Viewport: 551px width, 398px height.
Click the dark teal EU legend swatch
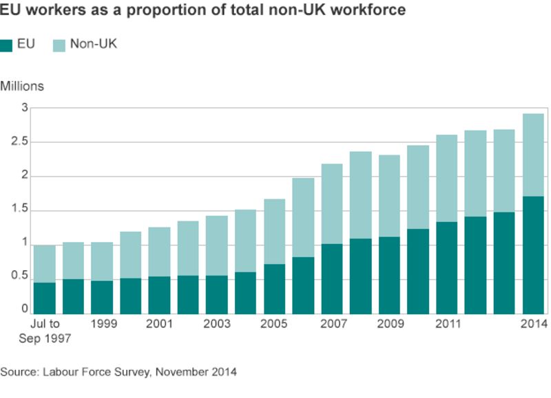7,45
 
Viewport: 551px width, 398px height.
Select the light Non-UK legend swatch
60,45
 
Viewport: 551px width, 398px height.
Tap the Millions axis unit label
22,87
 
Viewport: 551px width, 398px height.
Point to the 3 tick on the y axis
24,108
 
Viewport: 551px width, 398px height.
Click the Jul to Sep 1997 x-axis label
45,331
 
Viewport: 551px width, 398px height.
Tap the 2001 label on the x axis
160,324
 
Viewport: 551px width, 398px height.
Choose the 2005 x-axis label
275,324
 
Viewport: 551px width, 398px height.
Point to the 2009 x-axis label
390,324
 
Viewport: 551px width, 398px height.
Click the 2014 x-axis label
533,324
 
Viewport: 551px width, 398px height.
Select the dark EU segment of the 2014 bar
533,254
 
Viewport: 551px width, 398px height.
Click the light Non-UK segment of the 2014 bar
533,155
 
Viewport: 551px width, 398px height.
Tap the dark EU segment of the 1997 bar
45,298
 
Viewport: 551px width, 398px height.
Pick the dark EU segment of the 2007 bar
332,278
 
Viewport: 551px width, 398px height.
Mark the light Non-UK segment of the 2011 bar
447,178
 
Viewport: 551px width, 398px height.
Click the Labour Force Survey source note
118,373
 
